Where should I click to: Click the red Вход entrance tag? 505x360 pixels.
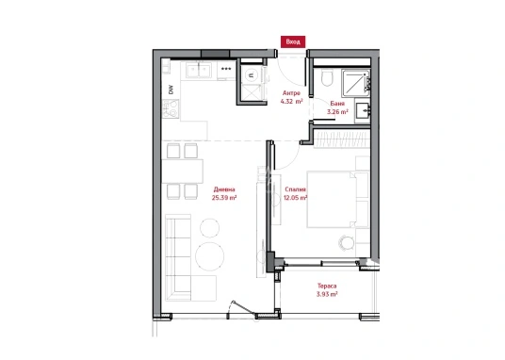pyautogui.click(x=293, y=41)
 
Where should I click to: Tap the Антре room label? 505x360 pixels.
pyautogui.click(x=291, y=93)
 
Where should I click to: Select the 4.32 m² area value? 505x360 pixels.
pyautogui.click(x=291, y=102)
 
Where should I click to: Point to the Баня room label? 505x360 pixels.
pyautogui.click(x=337, y=104)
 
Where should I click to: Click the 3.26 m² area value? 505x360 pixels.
pyautogui.click(x=337, y=112)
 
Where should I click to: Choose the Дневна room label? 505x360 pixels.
pyautogui.click(x=224, y=189)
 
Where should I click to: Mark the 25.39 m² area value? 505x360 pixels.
pyautogui.click(x=224, y=198)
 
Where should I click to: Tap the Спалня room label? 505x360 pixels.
pyautogui.click(x=295, y=189)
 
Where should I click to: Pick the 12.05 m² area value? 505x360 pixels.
pyautogui.click(x=295, y=198)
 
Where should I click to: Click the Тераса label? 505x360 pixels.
pyautogui.click(x=327, y=286)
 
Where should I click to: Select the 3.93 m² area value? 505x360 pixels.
pyautogui.click(x=327, y=294)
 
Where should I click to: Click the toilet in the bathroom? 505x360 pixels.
pyautogui.click(x=327, y=78)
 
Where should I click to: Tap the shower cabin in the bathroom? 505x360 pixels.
pyautogui.click(x=355, y=83)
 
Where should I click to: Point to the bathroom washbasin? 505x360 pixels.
pyautogui.click(x=364, y=111)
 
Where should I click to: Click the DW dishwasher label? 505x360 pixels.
pyautogui.click(x=171, y=90)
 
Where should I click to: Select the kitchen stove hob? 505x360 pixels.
pyautogui.click(x=171, y=108)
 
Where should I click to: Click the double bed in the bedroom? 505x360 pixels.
pyautogui.click(x=338, y=200)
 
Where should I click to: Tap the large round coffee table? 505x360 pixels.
pyautogui.click(x=210, y=256)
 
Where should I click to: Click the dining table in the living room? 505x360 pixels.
pyautogui.click(x=182, y=172)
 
